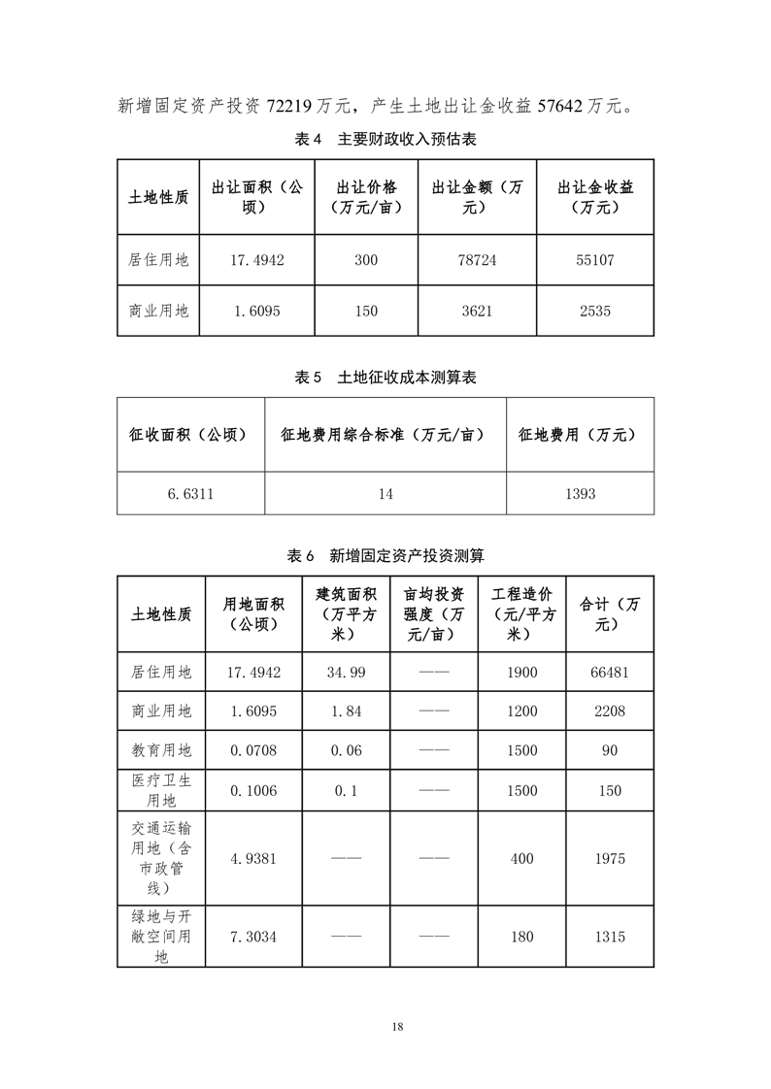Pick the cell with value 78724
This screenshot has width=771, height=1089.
477,260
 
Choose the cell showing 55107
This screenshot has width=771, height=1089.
594,260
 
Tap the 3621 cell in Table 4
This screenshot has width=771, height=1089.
477,312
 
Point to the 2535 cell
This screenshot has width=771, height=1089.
594,312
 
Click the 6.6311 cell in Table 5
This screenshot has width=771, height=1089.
190,494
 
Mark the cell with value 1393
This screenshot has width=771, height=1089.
580,494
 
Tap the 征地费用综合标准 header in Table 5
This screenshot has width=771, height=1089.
385,436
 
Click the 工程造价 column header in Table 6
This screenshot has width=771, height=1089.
521,613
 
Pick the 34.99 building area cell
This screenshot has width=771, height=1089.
347,673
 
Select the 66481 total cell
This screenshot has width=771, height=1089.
610,673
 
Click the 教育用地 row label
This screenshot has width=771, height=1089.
161,750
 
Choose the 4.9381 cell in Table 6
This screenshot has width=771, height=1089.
253,859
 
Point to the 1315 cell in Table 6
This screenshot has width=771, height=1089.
610,937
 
